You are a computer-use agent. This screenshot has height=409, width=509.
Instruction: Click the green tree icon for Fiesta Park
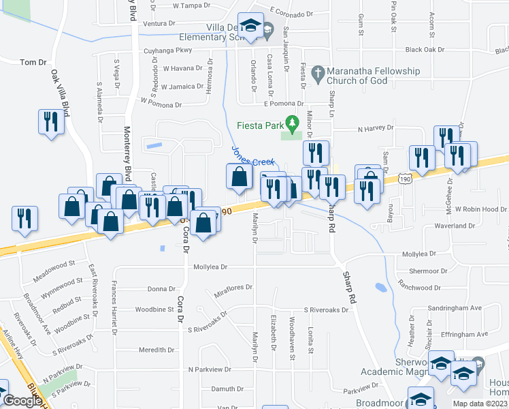(x=293, y=124)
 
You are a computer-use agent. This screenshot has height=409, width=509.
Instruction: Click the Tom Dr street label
(x=33, y=62)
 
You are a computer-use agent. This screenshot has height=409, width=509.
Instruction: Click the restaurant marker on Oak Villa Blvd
(x=51, y=122)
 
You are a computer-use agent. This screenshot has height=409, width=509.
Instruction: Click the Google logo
(x=22, y=401)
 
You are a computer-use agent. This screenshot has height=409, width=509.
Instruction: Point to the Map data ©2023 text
(x=480, y=404)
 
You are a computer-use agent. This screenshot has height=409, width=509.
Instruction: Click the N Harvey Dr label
(x=376, y=128)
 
